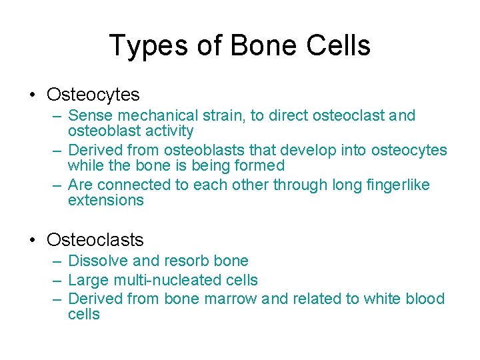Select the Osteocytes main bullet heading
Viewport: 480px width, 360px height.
(93, 95)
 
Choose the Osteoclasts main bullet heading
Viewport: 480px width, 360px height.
(95, 239)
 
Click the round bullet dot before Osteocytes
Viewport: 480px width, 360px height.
(32, 95)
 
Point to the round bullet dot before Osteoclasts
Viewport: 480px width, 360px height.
(32, 240)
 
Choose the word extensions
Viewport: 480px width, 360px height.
(105, 201)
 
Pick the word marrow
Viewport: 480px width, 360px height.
(230, 299)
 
